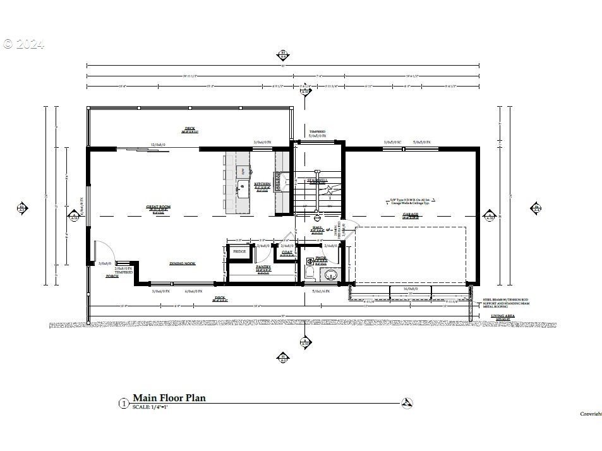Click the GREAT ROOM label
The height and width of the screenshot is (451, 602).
159,207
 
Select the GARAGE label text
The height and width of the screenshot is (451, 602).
411,215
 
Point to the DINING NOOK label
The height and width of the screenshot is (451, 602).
183,263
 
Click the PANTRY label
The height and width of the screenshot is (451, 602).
263,267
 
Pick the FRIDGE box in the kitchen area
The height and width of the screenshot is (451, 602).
239,252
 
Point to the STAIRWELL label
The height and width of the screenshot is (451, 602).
317,181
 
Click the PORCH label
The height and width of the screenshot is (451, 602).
112,276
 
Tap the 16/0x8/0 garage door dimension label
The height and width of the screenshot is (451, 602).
411,289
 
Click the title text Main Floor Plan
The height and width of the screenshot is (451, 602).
169,398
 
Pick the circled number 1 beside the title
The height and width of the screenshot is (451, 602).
124,402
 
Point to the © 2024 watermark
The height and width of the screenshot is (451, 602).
23,44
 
